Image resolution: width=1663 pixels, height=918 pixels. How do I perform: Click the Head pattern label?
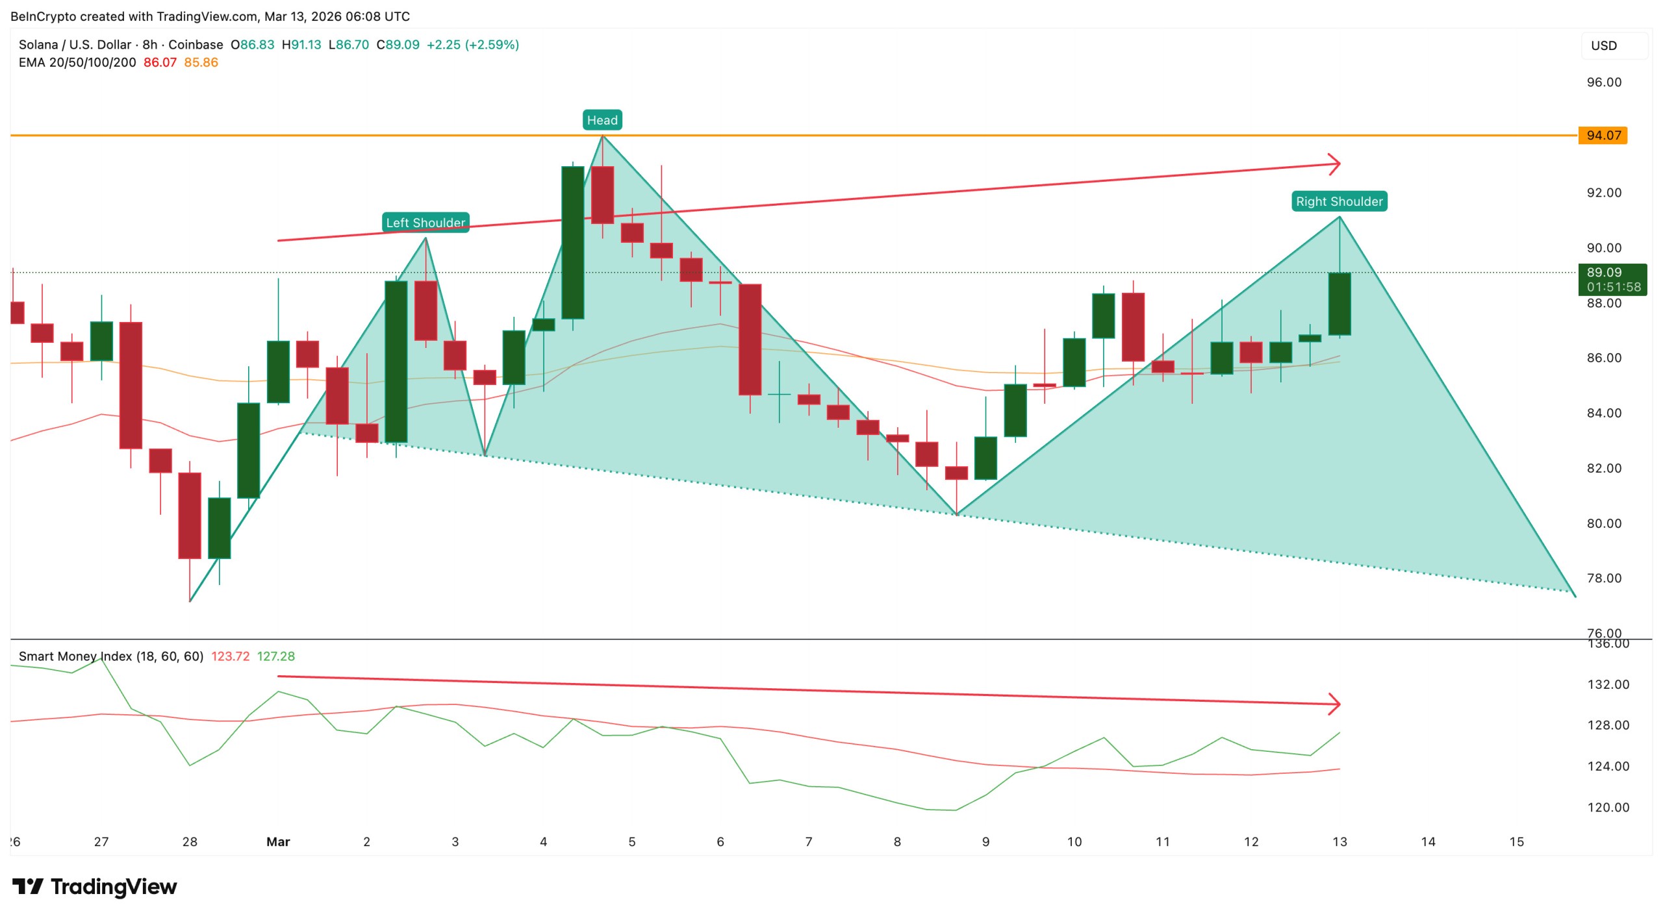coord(602,120)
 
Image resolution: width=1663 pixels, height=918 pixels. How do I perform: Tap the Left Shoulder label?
coord(425,223)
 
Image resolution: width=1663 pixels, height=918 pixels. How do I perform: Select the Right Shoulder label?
coord(1339,201)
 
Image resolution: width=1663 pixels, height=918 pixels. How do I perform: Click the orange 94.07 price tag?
coord(1603,135)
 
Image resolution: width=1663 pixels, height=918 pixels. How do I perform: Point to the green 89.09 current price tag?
coord(1612,279)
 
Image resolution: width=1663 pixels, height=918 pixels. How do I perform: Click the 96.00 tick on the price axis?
coord(1603,82)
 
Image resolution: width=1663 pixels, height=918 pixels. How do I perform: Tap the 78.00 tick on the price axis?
coord(1603,578)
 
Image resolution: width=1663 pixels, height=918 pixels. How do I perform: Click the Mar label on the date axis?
coord(278,841)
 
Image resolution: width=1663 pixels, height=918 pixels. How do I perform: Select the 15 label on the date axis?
coord(1516,841)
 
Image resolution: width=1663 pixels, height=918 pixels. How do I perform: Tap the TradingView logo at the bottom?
coord(94,886)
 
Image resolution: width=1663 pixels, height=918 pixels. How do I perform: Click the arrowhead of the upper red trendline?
coord(1334,164)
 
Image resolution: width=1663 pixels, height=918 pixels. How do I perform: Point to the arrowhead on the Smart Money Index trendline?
coord(1334,704)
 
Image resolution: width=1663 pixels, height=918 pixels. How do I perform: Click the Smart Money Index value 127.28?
coord(275,656)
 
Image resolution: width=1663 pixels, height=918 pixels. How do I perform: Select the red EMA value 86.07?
coord(160,62)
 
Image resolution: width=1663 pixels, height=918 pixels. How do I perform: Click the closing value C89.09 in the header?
coord(398,45)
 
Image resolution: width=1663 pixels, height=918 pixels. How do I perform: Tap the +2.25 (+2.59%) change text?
coord(472,45)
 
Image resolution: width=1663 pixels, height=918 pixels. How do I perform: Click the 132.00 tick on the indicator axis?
coord(1608,684)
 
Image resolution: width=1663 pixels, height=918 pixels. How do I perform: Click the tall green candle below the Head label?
coord(572,242)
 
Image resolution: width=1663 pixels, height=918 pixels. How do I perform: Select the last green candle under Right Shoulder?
coord(1339,304)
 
